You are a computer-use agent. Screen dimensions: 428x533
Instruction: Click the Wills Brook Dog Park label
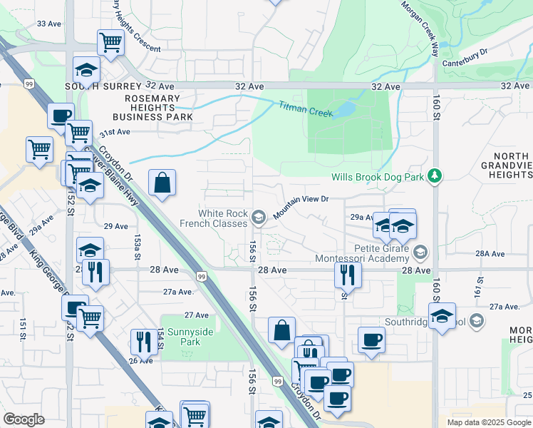tap(377, 177)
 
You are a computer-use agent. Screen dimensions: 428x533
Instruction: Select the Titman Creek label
tap(300, 107)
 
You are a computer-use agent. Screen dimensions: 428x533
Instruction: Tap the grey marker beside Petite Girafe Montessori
tap(420, 252)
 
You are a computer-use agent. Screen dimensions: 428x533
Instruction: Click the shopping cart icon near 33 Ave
tap(111, 42)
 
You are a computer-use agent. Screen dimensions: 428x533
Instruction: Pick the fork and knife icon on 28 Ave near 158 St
tap(348, 274)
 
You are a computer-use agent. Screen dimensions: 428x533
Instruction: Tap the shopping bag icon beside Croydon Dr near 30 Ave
tap(163, 183)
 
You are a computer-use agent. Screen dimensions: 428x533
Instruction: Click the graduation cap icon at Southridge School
tap(442, 315)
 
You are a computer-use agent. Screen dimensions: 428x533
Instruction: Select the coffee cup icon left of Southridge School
tap(371, 340)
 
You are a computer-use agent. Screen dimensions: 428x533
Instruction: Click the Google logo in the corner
tap(24, 420)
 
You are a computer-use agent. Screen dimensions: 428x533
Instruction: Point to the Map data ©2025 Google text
tap(487, 422)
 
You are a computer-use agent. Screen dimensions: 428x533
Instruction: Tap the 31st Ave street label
tap(115, 132)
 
